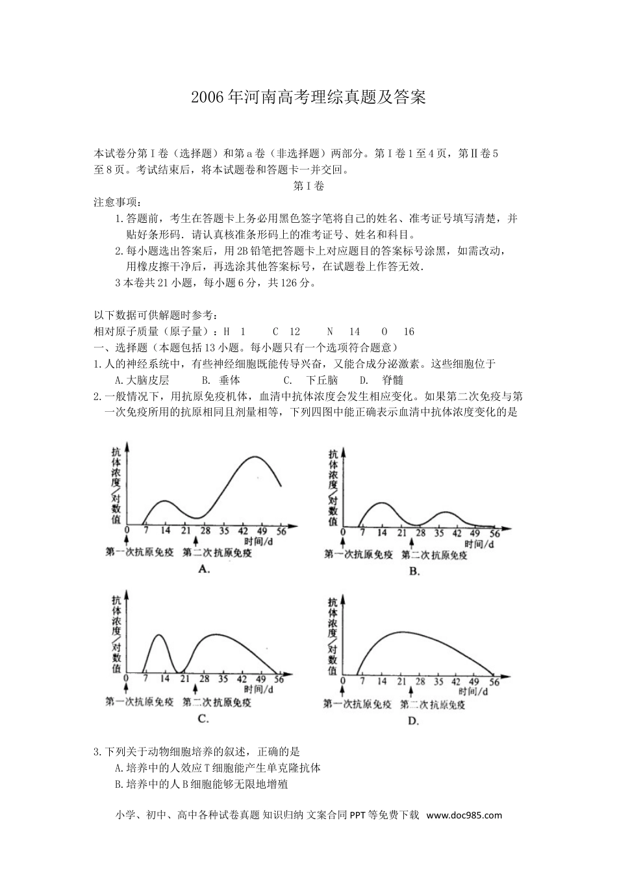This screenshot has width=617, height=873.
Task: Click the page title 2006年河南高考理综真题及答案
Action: (x=308, y=98)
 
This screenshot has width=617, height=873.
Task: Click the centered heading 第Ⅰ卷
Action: (x=308, y=186)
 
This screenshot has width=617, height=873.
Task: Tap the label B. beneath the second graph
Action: (x=414, y=571)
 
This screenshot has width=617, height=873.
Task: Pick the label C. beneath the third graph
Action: (x=203, y=718)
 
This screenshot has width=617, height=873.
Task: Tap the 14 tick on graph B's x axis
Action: (x=383, y=533)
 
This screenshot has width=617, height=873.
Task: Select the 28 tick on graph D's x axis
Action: (x=420, y=681)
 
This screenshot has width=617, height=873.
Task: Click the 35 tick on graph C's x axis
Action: (x=223, y=679)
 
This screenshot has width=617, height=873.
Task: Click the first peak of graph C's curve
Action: (x=158, y=635)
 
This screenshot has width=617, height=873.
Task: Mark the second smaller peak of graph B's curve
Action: (x=446, y=512)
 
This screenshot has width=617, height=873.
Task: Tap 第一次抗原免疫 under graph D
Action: (x=357, y=704)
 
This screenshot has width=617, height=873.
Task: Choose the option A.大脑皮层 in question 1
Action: (x=141, y=381)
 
